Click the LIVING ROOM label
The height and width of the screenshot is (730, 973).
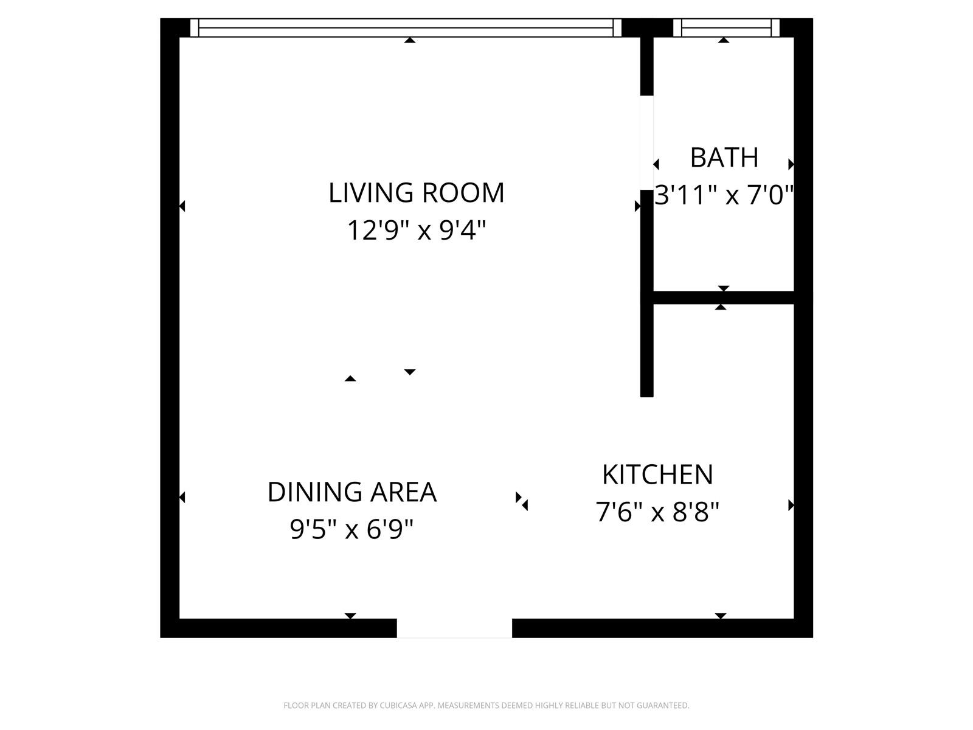417,193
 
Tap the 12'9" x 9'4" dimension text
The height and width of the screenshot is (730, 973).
417,231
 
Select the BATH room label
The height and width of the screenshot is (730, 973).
724,158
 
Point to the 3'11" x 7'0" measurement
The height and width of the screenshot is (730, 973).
724,196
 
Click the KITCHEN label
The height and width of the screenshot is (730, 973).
657,474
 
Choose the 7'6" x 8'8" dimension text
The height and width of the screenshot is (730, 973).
657,512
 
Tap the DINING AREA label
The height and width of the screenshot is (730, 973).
352,492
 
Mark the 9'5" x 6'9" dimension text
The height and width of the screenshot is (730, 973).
352,530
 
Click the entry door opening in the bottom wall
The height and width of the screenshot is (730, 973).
454,628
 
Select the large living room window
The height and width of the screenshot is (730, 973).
406,28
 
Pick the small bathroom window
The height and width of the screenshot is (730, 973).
726,28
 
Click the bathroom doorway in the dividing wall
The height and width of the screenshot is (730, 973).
647,143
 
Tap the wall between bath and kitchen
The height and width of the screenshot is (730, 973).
724,297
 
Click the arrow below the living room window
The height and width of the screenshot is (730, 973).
410,41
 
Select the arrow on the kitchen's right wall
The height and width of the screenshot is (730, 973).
791,505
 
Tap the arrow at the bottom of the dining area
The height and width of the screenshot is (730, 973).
350,616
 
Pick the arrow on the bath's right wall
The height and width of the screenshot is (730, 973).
791,164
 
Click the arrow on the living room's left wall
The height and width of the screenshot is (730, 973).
182,206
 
